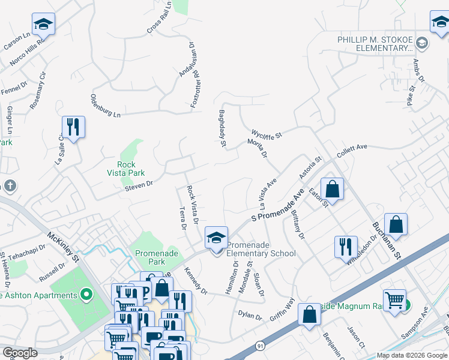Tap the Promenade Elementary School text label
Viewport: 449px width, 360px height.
pyautogui.click(x=261, y=249)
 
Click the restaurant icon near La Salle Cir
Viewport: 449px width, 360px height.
pyautogui.click(x=73, y=127)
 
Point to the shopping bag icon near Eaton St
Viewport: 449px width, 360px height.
pyautogui.click(x=332, y=190)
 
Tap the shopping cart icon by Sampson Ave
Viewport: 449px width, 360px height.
pyautogui.click(x=394, y=299)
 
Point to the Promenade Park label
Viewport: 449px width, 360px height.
pyautogui.click(x=157, y=257)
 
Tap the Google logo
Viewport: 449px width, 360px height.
pyautogui.click(x=20, y=353)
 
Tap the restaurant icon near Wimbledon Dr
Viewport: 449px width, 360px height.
pyautogui.click(x=345, y=247)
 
